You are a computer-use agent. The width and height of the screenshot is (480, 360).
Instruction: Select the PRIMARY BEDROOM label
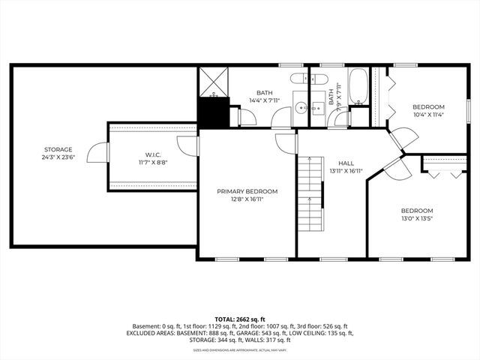click(247, 191)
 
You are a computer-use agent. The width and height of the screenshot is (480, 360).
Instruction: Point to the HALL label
click(346, 163)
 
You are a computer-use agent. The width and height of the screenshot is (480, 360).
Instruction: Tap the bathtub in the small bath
click(358, 88)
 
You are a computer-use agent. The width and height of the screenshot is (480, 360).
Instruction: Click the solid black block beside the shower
click(213, 113)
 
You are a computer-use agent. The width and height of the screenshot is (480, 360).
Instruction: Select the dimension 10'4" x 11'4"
click(428, 115)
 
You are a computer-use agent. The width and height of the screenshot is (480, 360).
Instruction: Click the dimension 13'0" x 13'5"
click(417, 219)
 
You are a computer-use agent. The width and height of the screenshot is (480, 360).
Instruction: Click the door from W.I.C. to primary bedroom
click(192, 145)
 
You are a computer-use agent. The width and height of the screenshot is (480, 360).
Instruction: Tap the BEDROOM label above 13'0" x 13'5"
click(417, 211)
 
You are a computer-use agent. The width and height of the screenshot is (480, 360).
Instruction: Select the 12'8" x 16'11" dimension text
click(247, 200)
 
